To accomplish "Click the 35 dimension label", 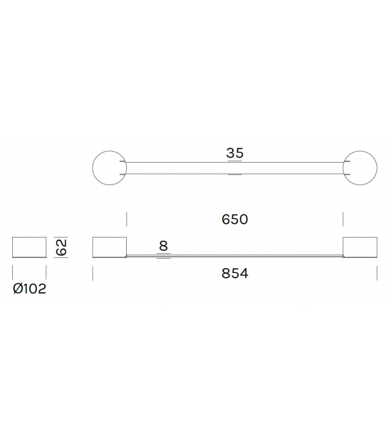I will [235, 153].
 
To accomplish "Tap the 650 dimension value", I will [235, 219].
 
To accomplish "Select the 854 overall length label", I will [235, 274].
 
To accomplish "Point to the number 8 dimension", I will [163, 246].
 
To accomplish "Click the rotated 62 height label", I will [62, 247].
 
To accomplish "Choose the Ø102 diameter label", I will [29, 289].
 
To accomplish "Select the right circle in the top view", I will [360, 168].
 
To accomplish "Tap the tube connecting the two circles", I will [235, 168].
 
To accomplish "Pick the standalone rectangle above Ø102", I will [29, 248].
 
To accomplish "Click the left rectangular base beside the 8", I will [110, 248].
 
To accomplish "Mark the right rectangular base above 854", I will [360, 248].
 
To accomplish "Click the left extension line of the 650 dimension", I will [127, 218].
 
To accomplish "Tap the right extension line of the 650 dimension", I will [343, 218].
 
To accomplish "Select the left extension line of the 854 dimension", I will [93, 273].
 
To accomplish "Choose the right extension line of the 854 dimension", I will [377, 273].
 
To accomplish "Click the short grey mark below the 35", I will [235, 175].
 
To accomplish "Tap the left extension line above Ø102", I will [13, 273].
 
